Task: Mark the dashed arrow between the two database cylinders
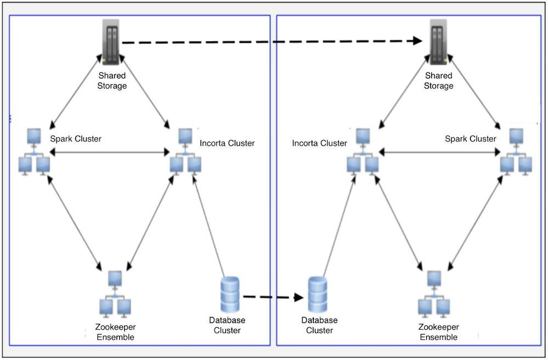(x=273, y=297)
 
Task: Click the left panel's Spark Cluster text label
(x=76, y=139)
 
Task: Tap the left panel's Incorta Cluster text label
(x=227, y=143)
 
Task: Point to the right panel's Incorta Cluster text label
(x=319, y=143)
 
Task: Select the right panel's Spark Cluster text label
(x=471, y=139)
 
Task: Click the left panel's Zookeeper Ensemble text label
(x=115, y=333)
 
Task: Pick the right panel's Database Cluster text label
(x=319, y=325)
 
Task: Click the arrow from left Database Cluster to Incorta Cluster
(x=210, y=224)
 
